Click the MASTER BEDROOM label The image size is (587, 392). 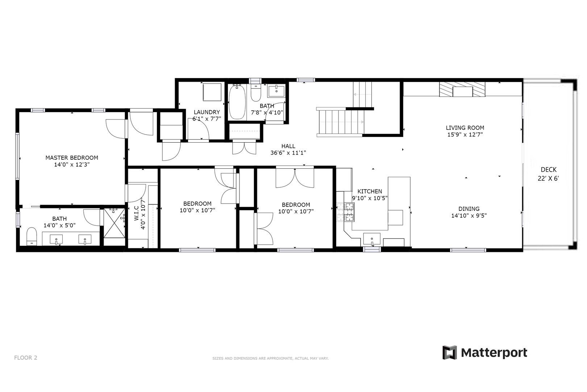coord(72,158)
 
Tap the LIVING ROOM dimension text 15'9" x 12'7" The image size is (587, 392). coord(465,135)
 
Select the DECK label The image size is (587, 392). coord(549,170)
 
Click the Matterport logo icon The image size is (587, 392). coord(449,352)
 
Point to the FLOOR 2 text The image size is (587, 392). coord(26,358)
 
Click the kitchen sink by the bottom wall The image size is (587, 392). coord(372,239)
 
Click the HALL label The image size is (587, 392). coord(288,146)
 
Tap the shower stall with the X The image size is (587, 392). coord(113,223)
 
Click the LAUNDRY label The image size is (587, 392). coord(207,112)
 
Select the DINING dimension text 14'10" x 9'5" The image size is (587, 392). coord(469,216)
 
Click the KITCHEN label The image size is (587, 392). coord(370,191)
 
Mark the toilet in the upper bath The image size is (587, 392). coord(256,94)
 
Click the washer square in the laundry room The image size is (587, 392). coord(212,92)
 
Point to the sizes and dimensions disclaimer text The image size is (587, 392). coord(270,358)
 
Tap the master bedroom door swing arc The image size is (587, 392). coord(115,129)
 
